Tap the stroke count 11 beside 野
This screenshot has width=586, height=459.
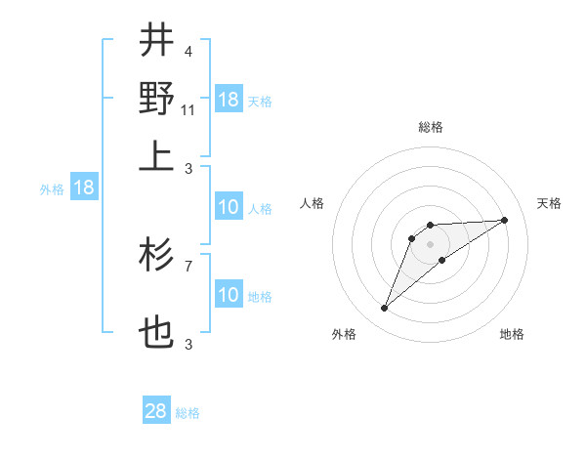pos(189,109)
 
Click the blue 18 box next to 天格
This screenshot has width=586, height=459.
pos(229,99)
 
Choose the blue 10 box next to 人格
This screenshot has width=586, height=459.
pos(229,207)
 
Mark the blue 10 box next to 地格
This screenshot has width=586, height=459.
pos(229,295)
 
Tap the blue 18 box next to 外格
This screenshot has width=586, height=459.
pos(84,188)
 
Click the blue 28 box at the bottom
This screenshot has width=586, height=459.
pos(156,411)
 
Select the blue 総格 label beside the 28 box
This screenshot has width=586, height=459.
pos(188,413)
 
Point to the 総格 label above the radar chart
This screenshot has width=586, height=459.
pos(430,127)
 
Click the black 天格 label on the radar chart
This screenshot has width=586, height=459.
pos(549,203)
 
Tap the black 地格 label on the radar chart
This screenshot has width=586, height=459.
pos(512,335)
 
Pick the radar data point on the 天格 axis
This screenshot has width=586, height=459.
pos(504,220)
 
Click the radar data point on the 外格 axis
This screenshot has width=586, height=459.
pos(385,309)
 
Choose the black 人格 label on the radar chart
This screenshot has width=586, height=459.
pos(313,203)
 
